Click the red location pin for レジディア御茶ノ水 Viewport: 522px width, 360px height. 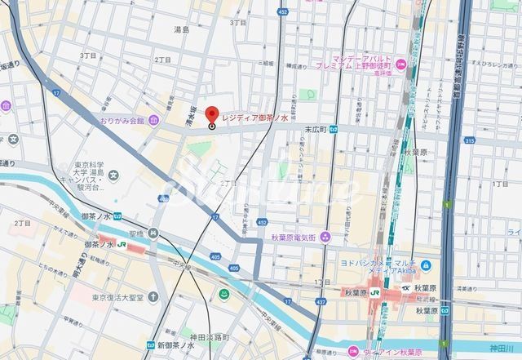coord(212,115)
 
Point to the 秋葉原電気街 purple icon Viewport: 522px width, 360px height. coord(325,237)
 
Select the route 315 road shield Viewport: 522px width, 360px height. coord(492,140)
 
